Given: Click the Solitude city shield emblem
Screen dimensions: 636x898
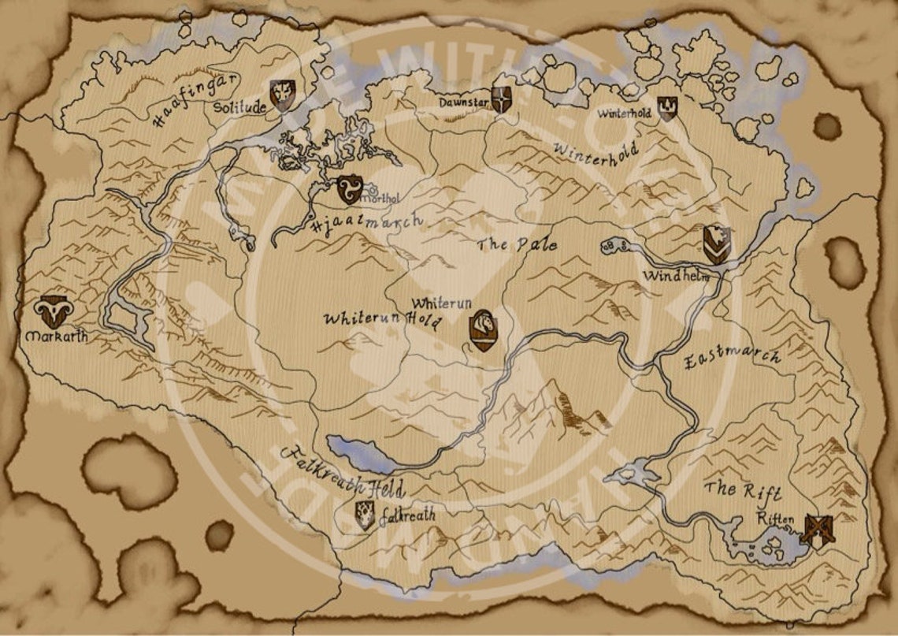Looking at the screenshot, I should point(282,94).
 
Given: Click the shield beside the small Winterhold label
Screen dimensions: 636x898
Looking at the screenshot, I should point(667,107).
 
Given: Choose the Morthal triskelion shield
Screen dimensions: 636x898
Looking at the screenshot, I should point(349,189).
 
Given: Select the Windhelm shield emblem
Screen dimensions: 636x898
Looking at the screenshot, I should point(716,244).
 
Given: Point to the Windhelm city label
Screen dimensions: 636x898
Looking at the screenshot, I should point(676,276).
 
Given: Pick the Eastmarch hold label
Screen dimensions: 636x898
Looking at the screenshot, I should point(732,358).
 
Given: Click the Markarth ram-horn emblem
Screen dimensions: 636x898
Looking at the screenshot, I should point(54,312).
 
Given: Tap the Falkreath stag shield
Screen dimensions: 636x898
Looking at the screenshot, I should point(364,515).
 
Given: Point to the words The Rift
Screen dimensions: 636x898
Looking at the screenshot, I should point(743,490).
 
